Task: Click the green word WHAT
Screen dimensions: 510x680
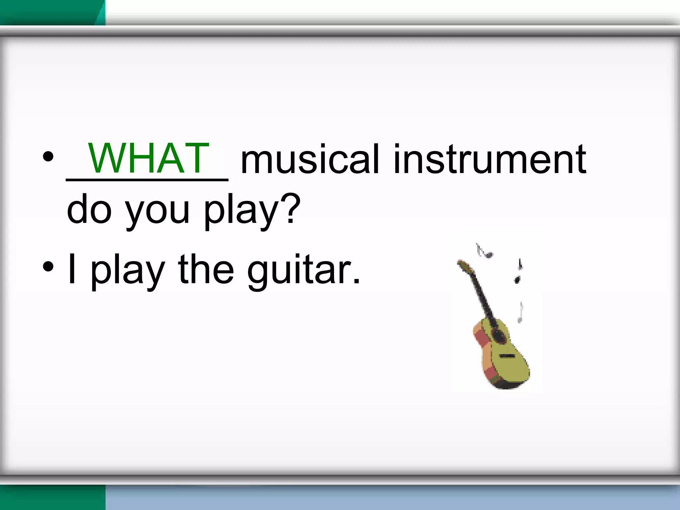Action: coord(148,158)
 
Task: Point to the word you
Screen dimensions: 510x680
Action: coord(157,212)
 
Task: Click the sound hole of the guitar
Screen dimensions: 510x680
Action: coord(498,335)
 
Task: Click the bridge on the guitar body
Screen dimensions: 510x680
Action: coord(507,356)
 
